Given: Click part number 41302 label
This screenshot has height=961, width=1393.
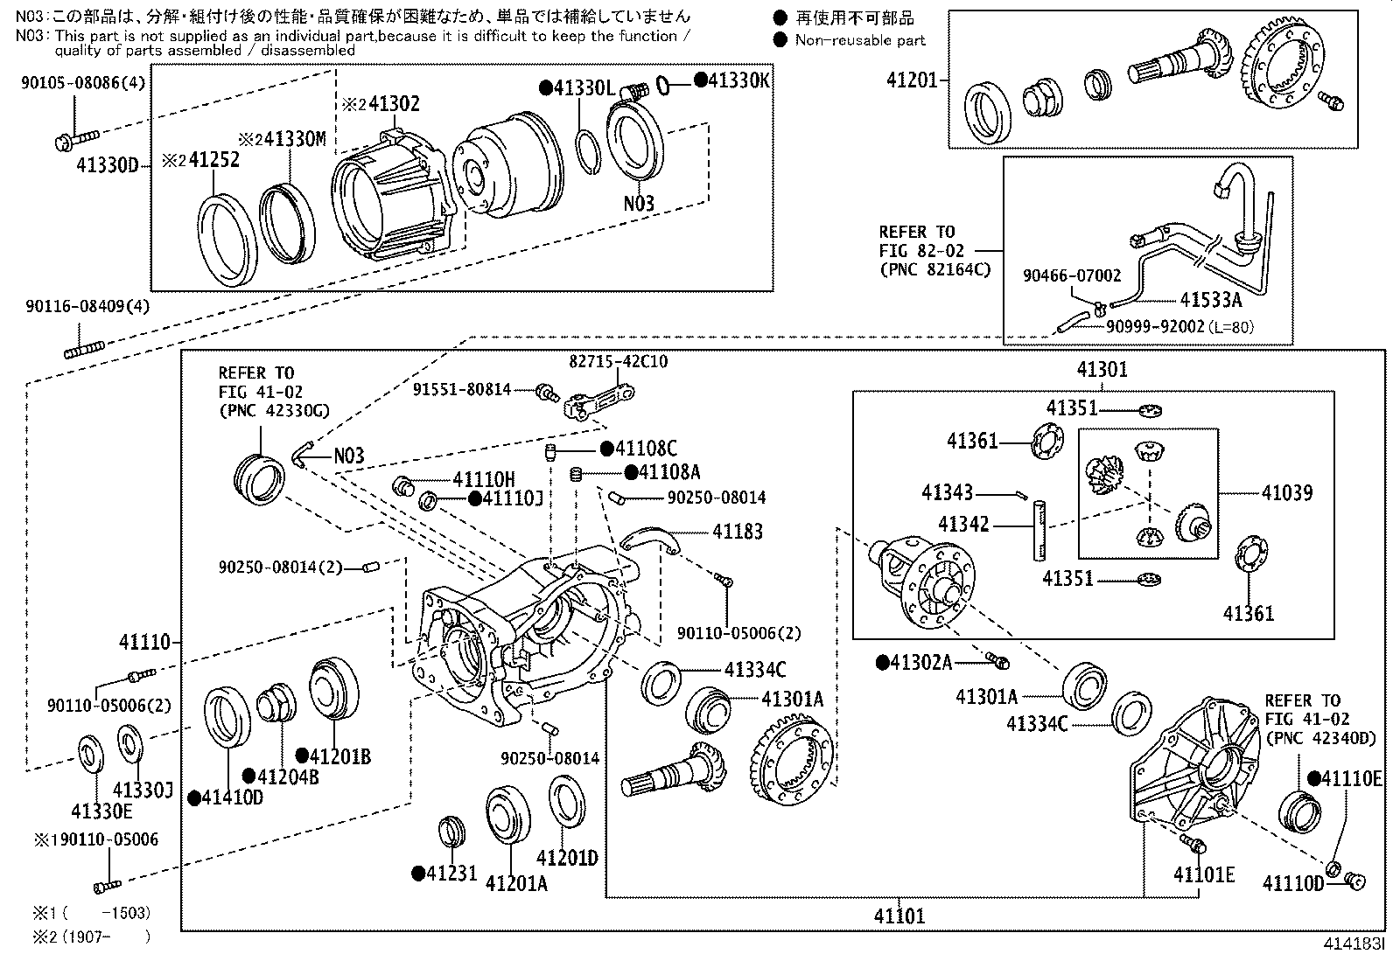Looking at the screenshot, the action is [x=394, y=104].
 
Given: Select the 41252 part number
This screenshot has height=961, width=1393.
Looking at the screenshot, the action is [x=213, y=161].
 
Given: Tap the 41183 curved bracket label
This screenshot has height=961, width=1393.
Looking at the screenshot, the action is [x=737, y=532].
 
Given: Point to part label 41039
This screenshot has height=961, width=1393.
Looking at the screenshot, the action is [x=1286, y=493].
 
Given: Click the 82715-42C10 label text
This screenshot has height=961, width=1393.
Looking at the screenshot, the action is [x=618, y=361].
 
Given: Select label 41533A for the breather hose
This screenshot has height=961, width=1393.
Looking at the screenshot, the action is [x=1211, y=301].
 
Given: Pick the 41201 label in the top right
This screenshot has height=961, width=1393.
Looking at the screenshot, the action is [x=912, y=80].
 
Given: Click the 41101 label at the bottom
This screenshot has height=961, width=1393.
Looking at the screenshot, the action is [x=899, y=916].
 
